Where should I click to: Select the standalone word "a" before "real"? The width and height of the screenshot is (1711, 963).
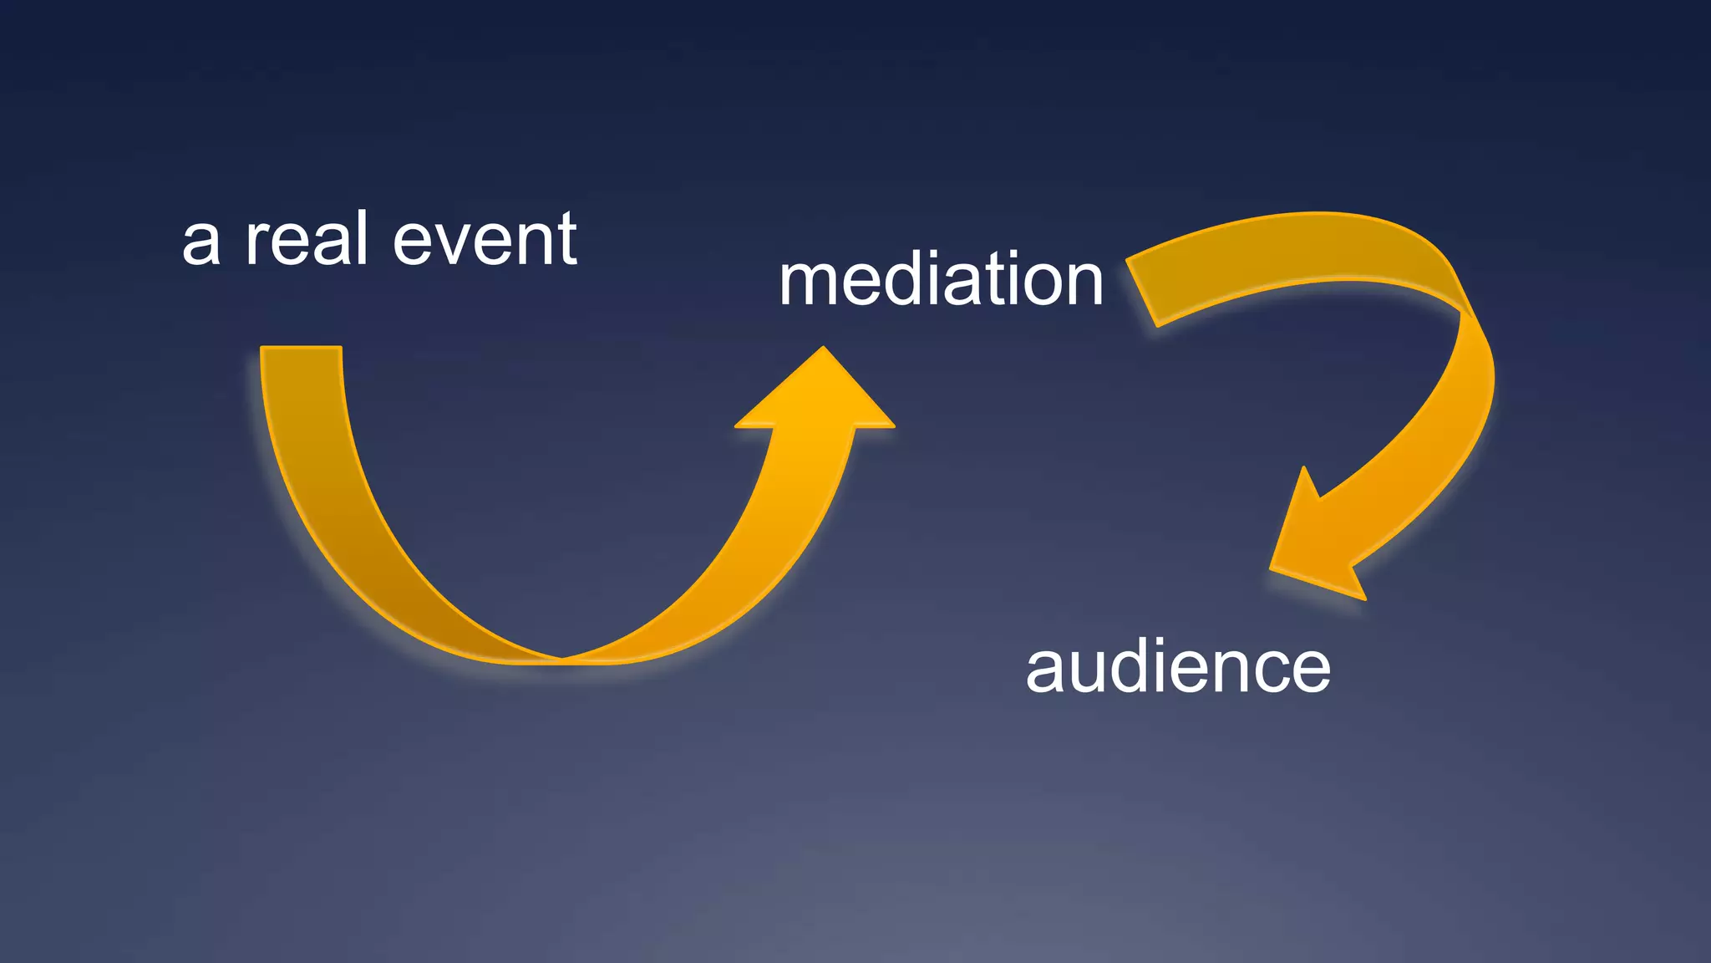coord(201,243)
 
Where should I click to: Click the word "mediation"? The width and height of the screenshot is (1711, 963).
coord(941,279)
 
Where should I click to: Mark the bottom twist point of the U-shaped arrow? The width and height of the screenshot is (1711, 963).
coord(562,659)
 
